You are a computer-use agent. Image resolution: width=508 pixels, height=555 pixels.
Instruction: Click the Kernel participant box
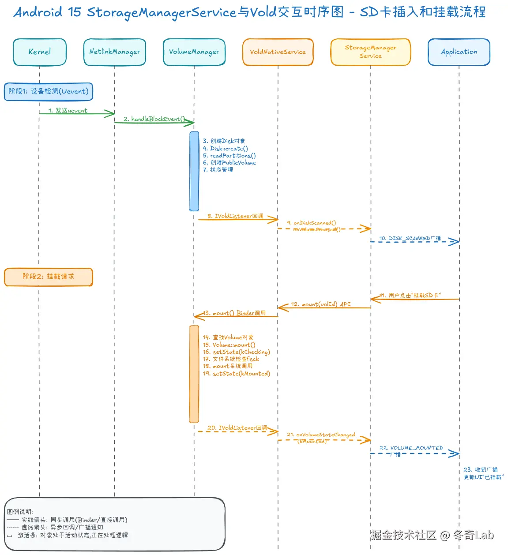pos(40,52)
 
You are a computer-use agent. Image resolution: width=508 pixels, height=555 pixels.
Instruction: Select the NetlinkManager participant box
pos(115,52)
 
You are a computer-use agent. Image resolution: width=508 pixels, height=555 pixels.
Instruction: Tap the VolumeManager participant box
pos(194,52)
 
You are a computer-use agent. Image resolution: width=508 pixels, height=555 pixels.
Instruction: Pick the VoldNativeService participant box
pos(278,52)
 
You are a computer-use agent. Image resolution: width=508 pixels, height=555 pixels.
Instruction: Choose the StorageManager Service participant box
pos(370,52)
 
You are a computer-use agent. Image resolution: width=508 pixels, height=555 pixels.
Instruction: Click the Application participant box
pos(459,52)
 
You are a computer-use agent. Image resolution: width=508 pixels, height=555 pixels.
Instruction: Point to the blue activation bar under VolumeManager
pos(194,171)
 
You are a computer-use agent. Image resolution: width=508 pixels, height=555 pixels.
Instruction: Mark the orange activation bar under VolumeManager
pos(194,374)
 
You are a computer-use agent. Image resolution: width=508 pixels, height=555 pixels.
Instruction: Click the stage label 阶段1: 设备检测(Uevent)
pos(49,91)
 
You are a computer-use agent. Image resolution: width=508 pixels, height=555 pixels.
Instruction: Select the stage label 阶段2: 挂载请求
pos(49,277)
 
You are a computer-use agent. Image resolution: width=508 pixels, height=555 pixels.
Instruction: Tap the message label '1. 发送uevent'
pos(68,110)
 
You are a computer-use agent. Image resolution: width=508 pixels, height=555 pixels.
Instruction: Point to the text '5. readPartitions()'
pos(229,156)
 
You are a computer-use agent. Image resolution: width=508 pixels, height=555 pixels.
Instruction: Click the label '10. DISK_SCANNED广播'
pos(410,238)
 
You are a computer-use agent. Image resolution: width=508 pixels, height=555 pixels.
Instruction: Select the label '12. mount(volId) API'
pos(321,304)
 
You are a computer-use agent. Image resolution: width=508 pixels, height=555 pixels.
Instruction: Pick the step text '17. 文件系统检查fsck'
pos(231,359)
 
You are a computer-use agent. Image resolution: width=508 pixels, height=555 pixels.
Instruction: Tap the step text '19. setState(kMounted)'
pos(237,374)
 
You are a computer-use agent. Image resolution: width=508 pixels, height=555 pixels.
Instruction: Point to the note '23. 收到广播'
pos(480,470)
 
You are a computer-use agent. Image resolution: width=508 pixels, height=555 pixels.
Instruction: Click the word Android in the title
pos(38,12)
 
